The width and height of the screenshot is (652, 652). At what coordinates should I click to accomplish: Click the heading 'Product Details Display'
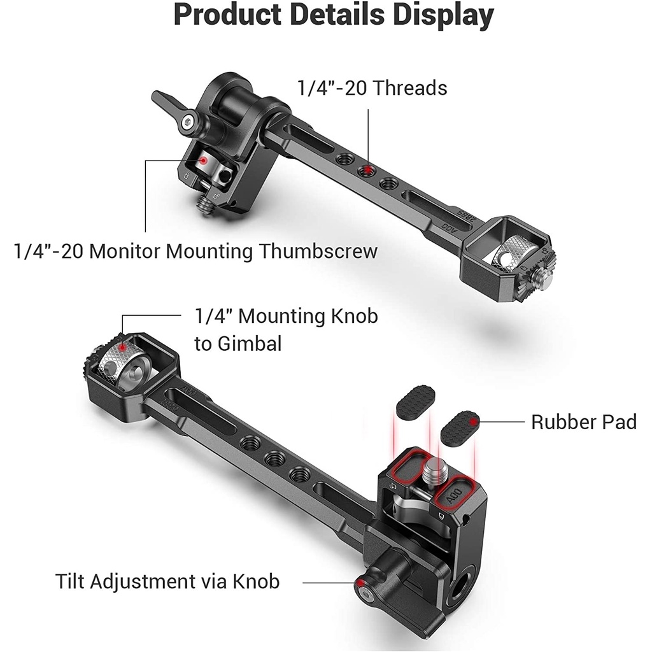coord(334,15)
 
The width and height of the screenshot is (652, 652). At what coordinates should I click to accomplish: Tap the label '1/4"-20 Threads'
coord(372,88)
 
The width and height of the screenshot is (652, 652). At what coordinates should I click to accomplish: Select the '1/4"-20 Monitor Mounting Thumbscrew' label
coord(196,251)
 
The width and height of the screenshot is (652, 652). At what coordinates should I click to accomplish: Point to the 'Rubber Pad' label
coord(584,422)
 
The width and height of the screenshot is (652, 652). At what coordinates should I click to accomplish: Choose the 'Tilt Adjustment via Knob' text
coord(167,581)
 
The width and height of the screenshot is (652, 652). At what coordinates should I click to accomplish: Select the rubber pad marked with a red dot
coord(460,428)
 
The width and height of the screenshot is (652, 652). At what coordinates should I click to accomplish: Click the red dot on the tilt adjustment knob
coord(361,582)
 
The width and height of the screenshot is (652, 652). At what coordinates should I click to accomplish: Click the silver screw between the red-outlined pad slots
coord(433,469)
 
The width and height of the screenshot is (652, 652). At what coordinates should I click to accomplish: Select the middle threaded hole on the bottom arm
coord(275,458)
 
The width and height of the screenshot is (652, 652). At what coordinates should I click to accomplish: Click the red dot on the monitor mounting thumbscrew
coord(204,160)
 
